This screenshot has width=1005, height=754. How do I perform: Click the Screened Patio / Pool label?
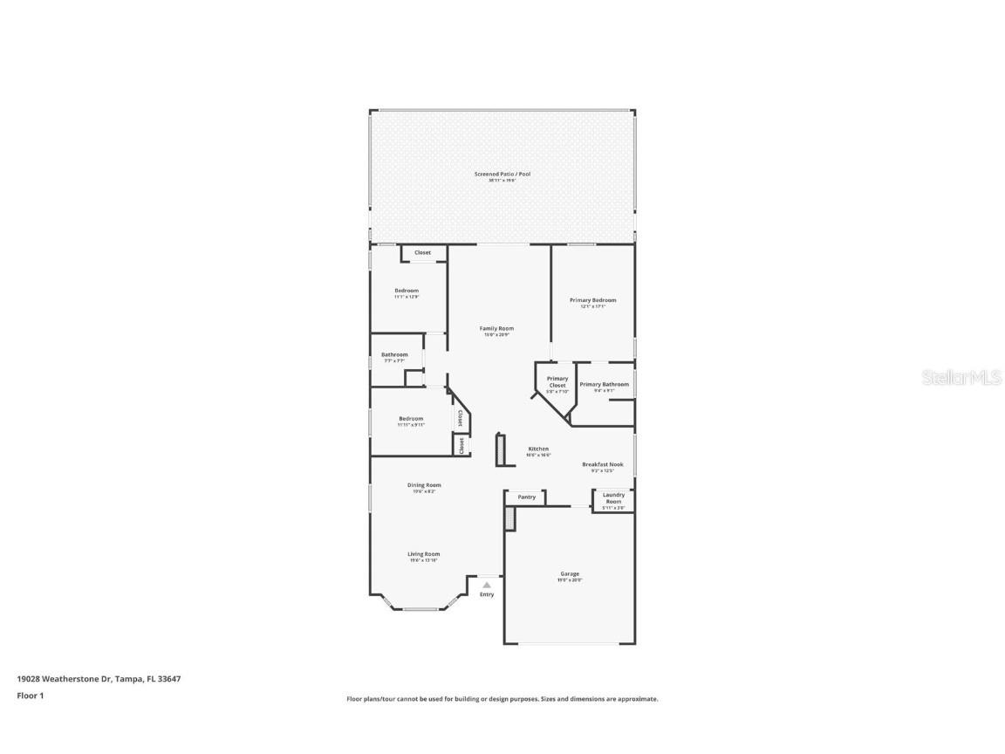(x=502, y=175)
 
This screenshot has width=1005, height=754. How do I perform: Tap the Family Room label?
(x=496, y=328)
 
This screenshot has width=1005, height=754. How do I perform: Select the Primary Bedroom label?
(x=592, y=300)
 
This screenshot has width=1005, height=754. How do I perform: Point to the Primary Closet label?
(x=557, y=382)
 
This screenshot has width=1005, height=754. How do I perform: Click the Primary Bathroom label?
(x=604, y=384)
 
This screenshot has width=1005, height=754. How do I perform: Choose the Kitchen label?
(x=537, y=449)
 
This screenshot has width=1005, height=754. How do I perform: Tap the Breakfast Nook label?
(x=603, y=464)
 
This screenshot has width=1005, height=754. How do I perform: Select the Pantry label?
(x=526, y=497)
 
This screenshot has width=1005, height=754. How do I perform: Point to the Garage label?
(x=569, y=574)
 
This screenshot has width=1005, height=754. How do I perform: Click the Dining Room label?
(x=424, y=485)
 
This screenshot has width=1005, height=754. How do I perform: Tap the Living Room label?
(x=424, y=554)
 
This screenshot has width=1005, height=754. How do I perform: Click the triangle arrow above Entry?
(x=487, y=585)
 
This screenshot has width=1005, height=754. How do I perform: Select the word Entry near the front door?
(x=487, y=594)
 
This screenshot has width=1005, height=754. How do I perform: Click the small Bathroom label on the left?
(x=394, y=355)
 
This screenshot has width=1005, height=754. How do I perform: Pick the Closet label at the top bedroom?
(x=422, y=253)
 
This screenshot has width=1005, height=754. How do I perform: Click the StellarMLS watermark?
(x=958, y=377)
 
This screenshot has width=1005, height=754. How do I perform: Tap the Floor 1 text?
(x=30, y=696)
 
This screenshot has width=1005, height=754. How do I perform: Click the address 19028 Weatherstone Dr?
(x=99, y=678)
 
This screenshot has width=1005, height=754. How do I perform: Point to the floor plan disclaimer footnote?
(x=502, y=699)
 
